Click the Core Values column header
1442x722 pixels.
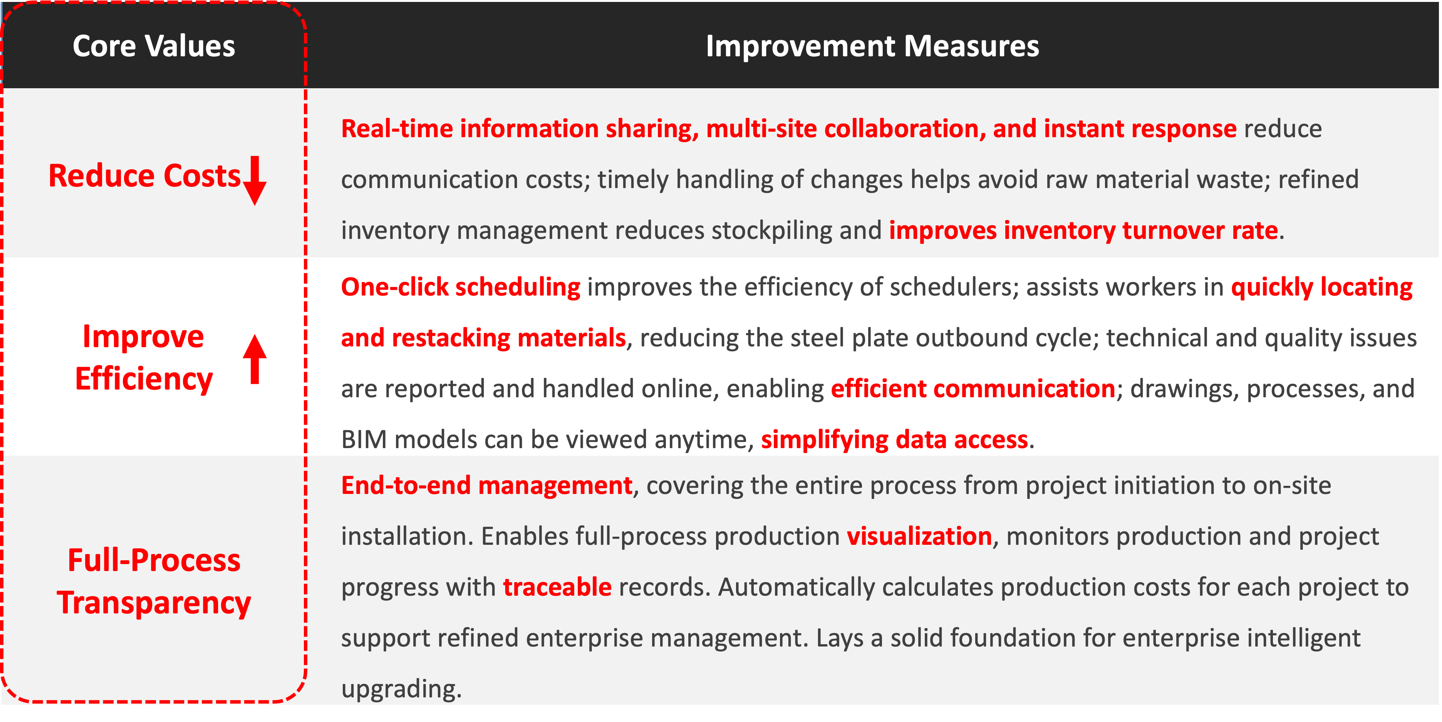(154, 46)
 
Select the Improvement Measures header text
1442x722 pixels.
(872, 46)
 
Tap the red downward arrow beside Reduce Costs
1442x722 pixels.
(255, 180)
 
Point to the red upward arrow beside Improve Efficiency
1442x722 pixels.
(255, 359)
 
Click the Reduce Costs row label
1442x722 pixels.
(144, 176)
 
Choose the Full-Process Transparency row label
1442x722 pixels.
(154, 581)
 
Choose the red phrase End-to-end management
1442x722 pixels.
(487, 485)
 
